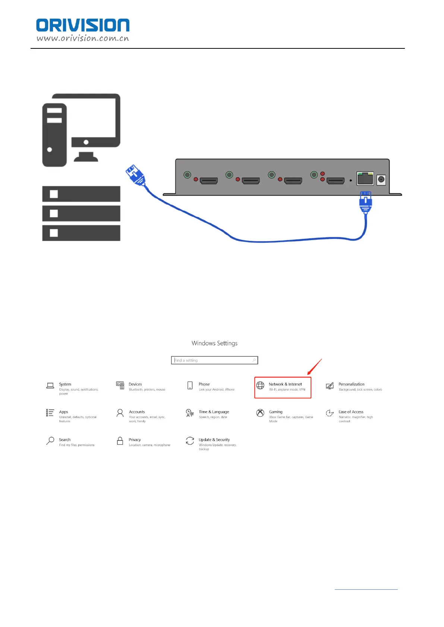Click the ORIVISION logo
[82, 25]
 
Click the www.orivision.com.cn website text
[82, 38]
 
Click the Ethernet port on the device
[365, 178]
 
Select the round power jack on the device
[381, 179]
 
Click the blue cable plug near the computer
[135, 175]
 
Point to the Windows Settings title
[214, 343]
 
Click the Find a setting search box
[214, 360]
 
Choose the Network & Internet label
[285, 384]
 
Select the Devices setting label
[135, 384]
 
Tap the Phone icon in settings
[190, 385]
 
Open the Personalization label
[351, 384]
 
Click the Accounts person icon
[120, 413]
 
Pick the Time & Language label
[214, 412]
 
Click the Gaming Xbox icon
[260, 413]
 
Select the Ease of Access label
[351, 412]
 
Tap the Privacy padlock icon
[120, 441]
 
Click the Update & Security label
[214, 440]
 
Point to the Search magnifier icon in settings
[50, 441]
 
